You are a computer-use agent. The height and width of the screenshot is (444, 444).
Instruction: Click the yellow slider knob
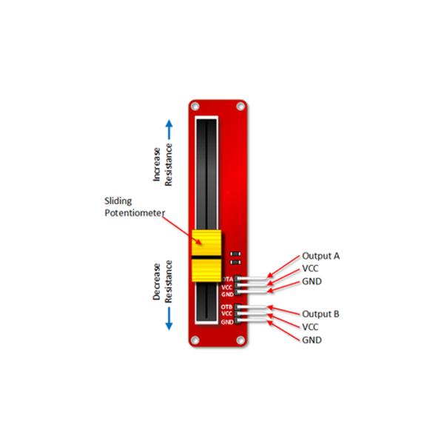pyautogui.click(x=206, y=256)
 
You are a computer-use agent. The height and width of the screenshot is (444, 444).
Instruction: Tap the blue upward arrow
pyautogui.click(x=169, y=129)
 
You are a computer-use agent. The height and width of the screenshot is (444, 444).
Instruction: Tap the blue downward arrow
pyautogui.click(x=169, y=319)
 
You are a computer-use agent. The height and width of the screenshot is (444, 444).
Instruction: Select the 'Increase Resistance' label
pyautogui.click(x=163, y=164)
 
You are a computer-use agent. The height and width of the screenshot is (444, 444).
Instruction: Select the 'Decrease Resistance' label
pyautogui.click(x=163, y=281)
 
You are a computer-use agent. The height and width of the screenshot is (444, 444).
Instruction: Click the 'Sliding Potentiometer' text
pyautogui.click(x=135, y=207)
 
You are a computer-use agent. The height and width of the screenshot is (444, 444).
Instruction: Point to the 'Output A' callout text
pyautogui.click(x=321, y=256)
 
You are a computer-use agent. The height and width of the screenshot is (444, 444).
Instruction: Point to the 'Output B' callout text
pyautogui.click(x=320, y=314)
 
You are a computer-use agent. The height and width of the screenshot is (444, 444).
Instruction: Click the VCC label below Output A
pyautogui.click(x=310, y=269)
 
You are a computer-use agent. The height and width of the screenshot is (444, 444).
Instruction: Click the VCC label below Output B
pyautogui.click(x=310, y=327)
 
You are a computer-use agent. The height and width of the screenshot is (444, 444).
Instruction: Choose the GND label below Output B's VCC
pyautogui.click(x=312, y=340)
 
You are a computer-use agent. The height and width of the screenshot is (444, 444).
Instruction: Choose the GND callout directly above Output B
pyautogui.click(x=312, y=281)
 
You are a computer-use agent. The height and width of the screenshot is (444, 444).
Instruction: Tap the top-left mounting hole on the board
pyautogui.click(x=195, y=107)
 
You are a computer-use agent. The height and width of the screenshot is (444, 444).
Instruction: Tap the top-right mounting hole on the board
pyautogui.click(x=240, y=107)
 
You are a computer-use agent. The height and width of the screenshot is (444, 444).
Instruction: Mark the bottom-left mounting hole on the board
pyautogui.click(x=195, y=340)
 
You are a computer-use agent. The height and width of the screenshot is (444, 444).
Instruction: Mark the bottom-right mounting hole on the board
pyautogui.click(x=240, y=340)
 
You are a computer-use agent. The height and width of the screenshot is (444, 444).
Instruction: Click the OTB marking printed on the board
pyautogui.click(x=226, y=307)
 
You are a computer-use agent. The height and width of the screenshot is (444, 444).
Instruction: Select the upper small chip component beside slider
pyautogui.click(x=235, y=253)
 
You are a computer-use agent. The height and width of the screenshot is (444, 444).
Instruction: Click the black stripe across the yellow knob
pyautogui.click(x=206, y=258)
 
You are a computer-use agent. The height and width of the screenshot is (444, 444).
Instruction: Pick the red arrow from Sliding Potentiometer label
pyautogui.click(x=182, y=230)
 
